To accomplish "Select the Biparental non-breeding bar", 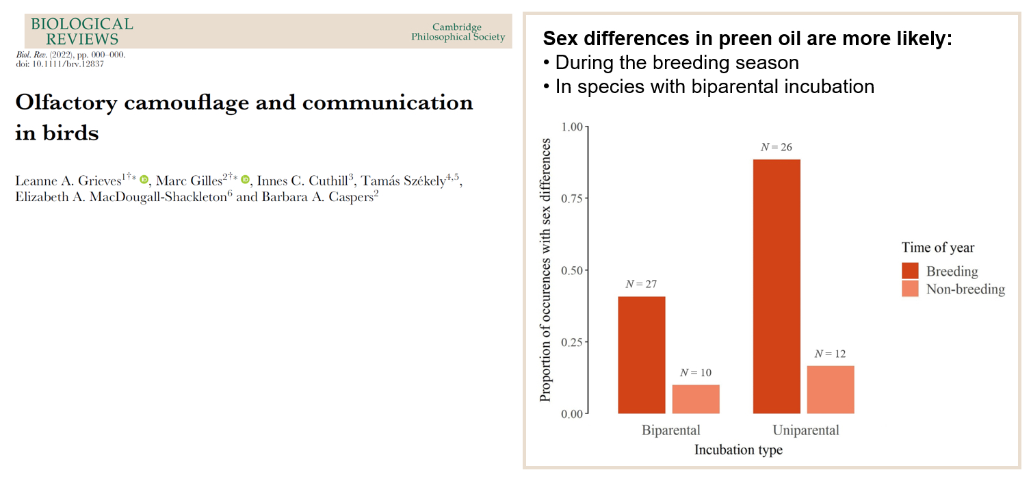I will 696,399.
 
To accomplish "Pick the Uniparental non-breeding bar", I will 831,389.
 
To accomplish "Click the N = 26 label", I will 776,147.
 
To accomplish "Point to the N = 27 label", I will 641,284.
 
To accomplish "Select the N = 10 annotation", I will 696,373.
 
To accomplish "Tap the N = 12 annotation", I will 831,354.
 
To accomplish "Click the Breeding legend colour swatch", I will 911,271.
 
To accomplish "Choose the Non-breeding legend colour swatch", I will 911,289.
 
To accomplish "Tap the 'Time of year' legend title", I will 937,248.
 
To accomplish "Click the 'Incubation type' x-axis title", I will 738,450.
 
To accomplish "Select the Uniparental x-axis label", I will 805,430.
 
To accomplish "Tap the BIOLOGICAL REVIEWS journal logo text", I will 81,31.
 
